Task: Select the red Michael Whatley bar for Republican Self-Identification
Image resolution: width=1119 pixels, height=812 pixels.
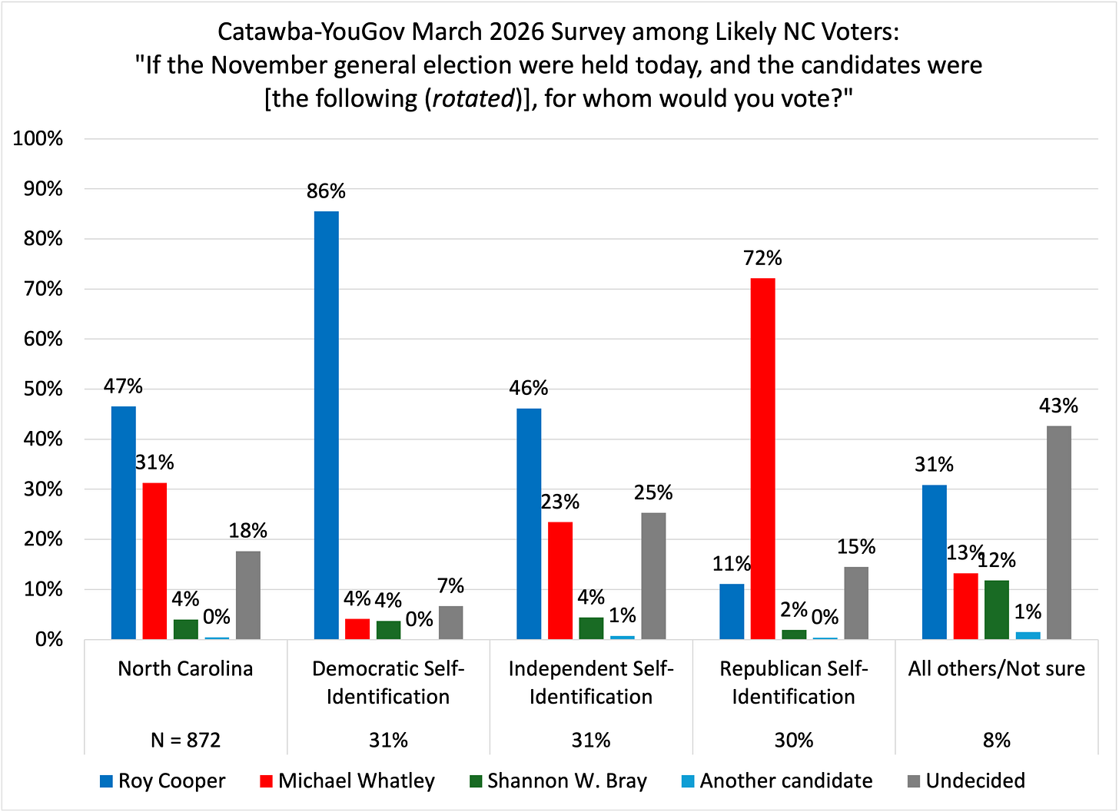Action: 762,459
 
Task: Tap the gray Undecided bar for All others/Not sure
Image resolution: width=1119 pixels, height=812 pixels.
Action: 1058,532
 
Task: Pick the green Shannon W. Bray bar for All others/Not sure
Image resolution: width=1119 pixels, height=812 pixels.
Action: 997,610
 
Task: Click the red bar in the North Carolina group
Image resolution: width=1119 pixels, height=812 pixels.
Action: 154,561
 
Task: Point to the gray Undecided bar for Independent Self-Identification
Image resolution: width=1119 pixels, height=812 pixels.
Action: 653,576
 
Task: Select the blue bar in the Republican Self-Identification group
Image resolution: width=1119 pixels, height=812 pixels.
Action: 732,611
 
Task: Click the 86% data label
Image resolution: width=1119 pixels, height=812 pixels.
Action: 326,191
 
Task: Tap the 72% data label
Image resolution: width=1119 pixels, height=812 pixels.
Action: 762,258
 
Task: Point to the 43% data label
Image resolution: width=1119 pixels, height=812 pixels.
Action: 1058,406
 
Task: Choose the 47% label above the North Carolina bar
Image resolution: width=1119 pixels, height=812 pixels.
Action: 124,386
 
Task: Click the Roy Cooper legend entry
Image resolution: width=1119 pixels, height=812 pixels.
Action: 162,781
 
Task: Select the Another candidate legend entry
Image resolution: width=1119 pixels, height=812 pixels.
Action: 776,781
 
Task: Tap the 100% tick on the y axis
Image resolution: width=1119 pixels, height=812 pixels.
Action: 38,139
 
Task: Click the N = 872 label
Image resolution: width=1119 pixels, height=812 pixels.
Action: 185,740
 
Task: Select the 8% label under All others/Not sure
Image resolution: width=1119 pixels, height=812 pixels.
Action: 997,740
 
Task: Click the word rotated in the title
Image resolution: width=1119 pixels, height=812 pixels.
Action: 473,99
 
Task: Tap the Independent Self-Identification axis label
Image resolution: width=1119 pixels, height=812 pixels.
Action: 590,682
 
